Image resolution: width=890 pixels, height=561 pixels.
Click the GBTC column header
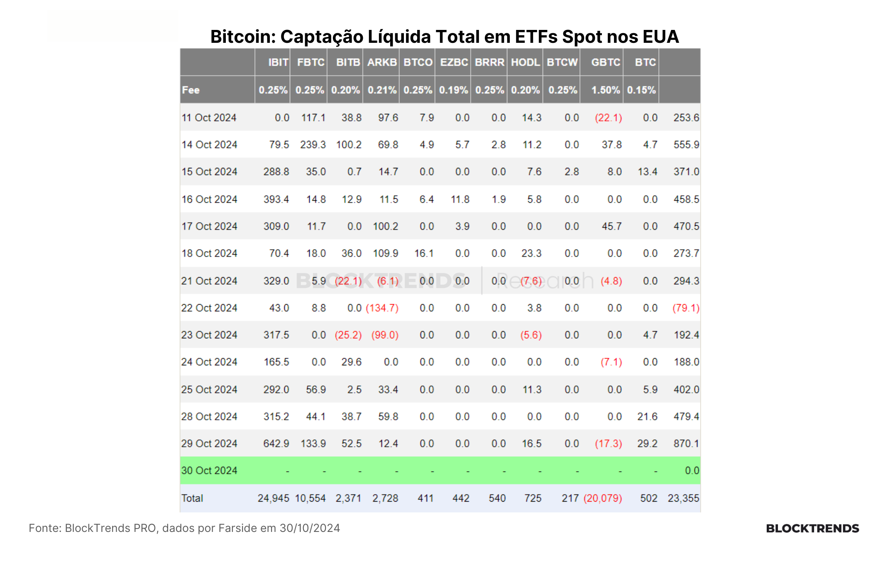click(x=606, y=62)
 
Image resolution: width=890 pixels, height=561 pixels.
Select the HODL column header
click(x=526, y=62)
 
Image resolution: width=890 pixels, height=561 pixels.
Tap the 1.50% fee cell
click(x=606, y=90)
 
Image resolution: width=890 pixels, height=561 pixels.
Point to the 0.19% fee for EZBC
click(x=453, y=90)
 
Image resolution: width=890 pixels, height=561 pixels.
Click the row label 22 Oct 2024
click(x=209, y=308)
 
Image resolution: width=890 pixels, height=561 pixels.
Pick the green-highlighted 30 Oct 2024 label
click(x=209, y=470)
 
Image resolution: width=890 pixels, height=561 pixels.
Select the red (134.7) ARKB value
click(x=382, y=308)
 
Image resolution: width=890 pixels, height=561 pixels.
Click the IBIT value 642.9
click(x=276, y=443)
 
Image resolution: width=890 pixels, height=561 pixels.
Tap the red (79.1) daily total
click(x=686, y=308)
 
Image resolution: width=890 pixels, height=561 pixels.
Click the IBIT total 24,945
click(x=274, y=498)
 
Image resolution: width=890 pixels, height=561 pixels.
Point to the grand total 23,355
click(x=684, y=498)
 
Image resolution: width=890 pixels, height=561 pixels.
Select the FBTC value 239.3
click(x=313, y=145)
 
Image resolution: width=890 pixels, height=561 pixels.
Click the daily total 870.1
click(x=687, y=443)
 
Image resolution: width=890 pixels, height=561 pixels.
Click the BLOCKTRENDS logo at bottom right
click(x=812, y=528)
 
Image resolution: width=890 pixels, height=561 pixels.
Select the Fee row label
click(x=191, y=90)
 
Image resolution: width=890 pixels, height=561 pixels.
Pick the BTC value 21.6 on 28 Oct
click(x=648, y=416)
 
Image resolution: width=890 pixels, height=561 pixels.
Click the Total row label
click(x=192, y=498)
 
